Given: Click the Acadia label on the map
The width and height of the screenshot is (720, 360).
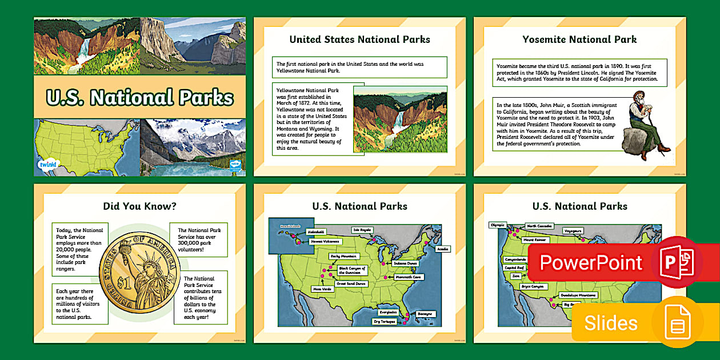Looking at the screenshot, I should click(442, 249).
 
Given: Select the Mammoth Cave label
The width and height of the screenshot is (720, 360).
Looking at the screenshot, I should click(409, 277).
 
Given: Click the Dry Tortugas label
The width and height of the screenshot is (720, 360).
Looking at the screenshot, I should click(385, 322).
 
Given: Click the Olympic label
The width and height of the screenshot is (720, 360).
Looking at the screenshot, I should click(498, 225).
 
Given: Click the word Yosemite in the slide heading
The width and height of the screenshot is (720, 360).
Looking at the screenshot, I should click(547, 39).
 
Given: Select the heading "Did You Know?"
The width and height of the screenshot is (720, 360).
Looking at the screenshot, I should click(139, 206).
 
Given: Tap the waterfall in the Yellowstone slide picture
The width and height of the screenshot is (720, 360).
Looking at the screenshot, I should click(398, 123).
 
